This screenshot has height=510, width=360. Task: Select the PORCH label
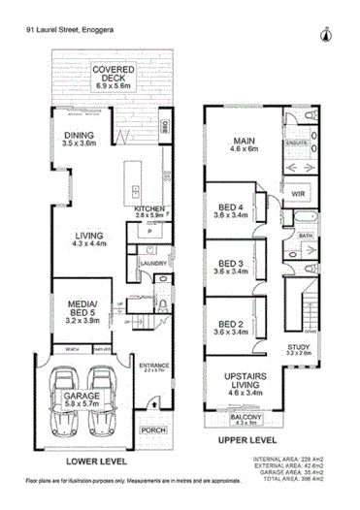coord(152,430)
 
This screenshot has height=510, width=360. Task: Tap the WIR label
coord(298,195)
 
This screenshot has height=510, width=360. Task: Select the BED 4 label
coord(230,209)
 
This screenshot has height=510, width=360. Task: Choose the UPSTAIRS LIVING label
coord(243,378)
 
